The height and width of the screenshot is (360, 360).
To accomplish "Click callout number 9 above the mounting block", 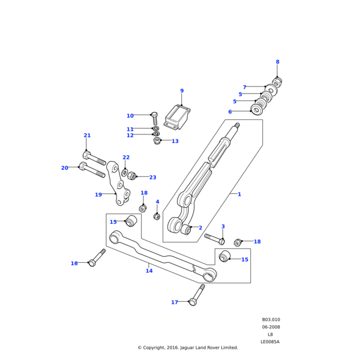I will [182, 91].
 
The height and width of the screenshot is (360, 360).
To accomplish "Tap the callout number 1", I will [239, 194].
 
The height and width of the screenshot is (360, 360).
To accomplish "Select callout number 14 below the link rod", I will [149, 271].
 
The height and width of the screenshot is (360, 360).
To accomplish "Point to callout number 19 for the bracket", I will [98, 194].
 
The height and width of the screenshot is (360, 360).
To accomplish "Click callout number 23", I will [152, 178].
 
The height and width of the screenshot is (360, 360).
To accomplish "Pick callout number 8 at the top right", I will [277, 62].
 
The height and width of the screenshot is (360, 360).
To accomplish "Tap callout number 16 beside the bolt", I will [74, 263].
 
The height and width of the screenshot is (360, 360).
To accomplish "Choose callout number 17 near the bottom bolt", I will [175, 302].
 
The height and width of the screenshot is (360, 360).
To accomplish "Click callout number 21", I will [87, 136].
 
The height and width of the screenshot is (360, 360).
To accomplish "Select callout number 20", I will [64, 168].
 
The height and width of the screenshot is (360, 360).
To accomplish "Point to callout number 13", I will [175, 142].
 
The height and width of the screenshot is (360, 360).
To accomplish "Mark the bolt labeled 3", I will [214, 239].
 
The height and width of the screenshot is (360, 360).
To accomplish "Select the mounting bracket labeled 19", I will [122, 186].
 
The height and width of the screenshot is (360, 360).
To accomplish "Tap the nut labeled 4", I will [157, 216].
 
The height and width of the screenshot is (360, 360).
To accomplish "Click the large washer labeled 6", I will [258, 110].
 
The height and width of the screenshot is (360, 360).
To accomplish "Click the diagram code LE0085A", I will [270, 342].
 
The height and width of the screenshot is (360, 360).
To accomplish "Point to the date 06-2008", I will [271, 327].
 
